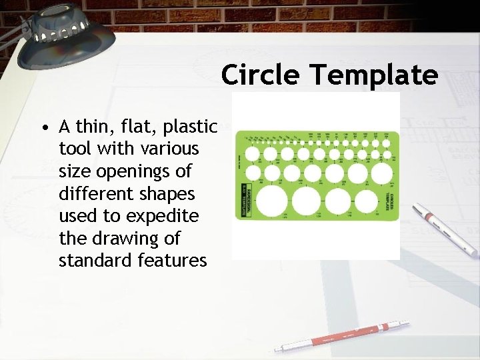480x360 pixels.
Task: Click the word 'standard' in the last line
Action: click(x=93, y=261)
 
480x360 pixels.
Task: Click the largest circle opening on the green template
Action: click(x=271, y=202)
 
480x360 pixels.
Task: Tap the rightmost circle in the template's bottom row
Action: click(x=367, y=201)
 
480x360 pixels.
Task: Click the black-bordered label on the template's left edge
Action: click(x=243, y=199)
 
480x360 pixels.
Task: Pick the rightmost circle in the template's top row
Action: click(x=386, y=153)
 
